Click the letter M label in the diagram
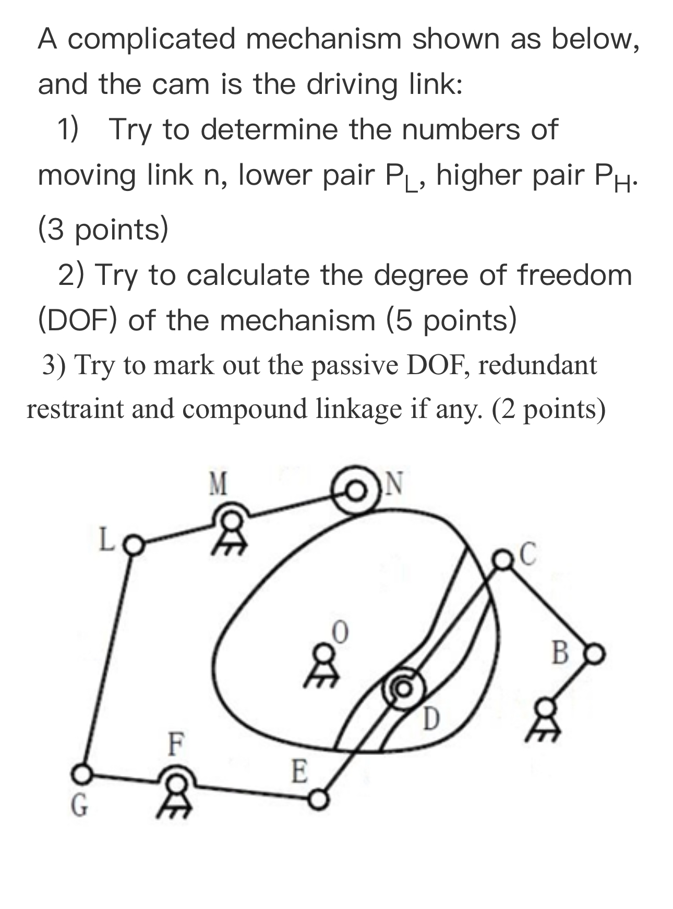coord(218,484)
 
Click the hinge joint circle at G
coord(81,774)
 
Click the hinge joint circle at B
coord(595,653)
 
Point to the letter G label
coord(79,806)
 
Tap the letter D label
coord(431,720)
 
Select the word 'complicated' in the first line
coord(152,39)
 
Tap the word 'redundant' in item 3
coord(537,365)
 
